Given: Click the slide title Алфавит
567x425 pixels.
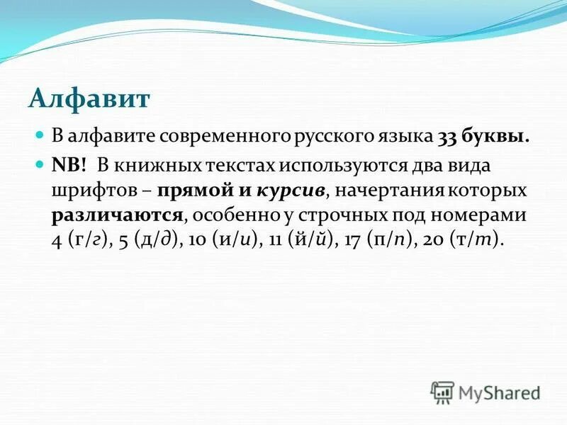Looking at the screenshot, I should point(89,97).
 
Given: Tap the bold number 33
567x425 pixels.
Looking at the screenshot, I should point(452,137).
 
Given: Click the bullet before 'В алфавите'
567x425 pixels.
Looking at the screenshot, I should point(40,134).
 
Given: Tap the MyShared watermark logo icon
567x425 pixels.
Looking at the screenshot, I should point(443,391).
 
